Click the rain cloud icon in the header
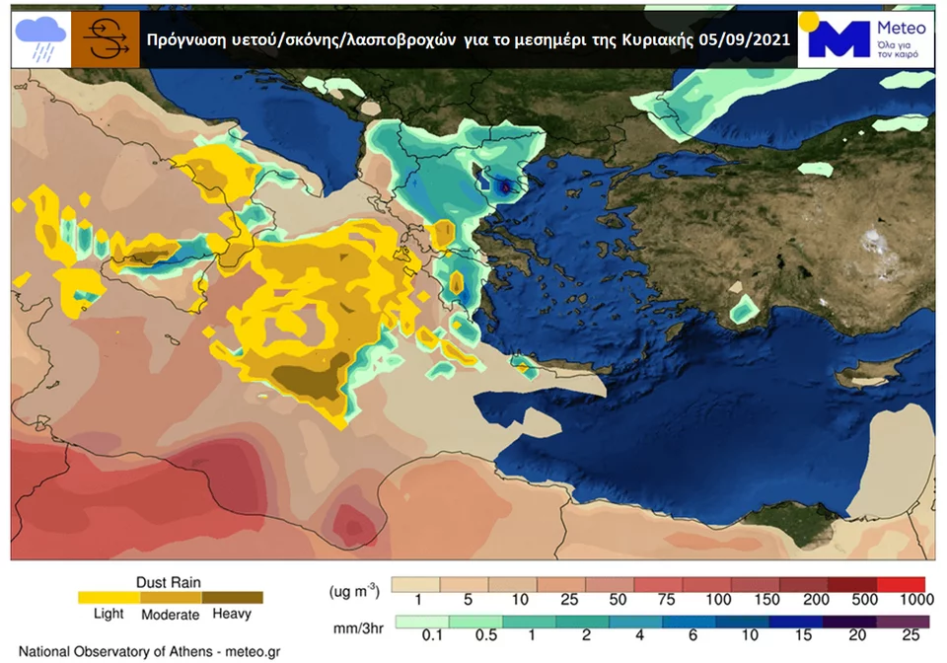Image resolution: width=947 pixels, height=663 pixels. point(40,40)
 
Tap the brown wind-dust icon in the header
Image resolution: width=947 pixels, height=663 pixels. point(105,40)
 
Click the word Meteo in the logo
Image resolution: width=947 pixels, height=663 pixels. point(900,29)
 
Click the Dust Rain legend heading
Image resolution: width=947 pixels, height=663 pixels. point(169,582)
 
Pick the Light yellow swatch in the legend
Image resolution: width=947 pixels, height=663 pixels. point(109,597)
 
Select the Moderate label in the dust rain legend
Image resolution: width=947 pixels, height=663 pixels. point(171,614)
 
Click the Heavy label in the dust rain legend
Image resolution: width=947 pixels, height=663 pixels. point(232,614)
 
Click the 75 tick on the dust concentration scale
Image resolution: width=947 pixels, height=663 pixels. point(669,600)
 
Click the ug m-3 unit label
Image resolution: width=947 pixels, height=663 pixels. point(354,589)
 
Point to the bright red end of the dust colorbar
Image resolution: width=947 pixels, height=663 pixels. point(911,583)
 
